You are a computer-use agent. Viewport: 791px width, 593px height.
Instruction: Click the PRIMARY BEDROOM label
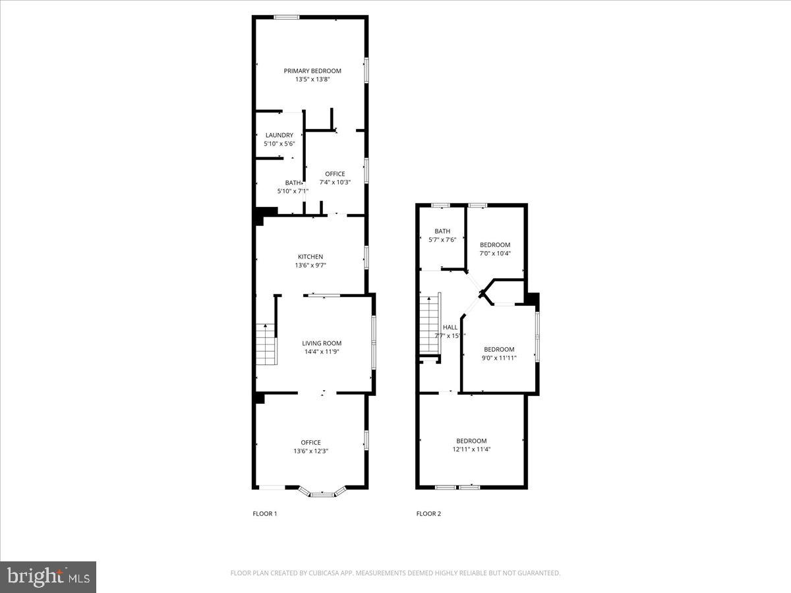[312, 71]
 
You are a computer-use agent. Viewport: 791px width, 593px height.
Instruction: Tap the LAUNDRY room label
[279, 135]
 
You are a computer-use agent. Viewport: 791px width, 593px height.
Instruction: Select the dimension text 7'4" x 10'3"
[335, 183]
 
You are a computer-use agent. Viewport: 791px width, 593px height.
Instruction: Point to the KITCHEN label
[310, 257]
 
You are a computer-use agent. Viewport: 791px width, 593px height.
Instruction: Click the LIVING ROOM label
[322, 343]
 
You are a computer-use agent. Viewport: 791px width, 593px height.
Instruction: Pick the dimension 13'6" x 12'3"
[311, 451]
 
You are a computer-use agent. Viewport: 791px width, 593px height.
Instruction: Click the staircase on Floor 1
[266, 344]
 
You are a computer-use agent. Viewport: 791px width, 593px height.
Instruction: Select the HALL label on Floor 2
[450, 327]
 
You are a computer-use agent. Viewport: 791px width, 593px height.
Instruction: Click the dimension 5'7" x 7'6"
[442, 240]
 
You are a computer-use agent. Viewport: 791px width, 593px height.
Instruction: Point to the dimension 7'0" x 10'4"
[495, 254]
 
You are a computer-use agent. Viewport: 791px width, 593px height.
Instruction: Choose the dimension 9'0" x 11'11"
[499, 358]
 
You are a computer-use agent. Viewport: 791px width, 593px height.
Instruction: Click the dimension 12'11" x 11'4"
[471, 449]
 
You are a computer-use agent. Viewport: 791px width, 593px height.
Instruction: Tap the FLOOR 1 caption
[265, 514]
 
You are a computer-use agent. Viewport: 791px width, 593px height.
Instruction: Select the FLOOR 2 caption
[428, 514]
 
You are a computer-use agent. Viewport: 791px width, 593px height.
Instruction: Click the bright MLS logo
[48, 577]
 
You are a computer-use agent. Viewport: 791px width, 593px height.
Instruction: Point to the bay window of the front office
[322, 492]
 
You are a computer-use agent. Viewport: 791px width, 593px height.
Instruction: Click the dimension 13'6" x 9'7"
[310, 266]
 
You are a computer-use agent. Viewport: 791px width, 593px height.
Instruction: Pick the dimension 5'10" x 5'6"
[279, 144]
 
